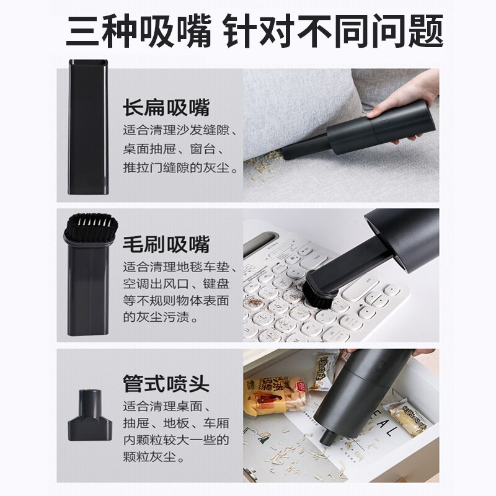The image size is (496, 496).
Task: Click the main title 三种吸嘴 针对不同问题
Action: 254,32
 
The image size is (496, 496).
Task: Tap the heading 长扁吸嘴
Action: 166,108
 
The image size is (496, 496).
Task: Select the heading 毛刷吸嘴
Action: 166,244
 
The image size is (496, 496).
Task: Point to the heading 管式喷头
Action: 166,384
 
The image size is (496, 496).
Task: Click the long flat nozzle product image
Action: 89,127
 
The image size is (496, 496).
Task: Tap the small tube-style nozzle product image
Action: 90,415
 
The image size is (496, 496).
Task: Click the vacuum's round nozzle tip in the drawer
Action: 327,436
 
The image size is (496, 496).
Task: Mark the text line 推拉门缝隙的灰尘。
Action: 180,167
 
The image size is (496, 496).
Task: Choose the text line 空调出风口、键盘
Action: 176,284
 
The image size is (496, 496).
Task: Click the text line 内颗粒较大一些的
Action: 176,440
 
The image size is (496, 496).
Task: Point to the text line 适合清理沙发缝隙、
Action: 180,130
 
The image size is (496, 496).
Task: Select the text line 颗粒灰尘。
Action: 154,457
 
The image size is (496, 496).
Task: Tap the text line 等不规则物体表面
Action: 176,301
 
